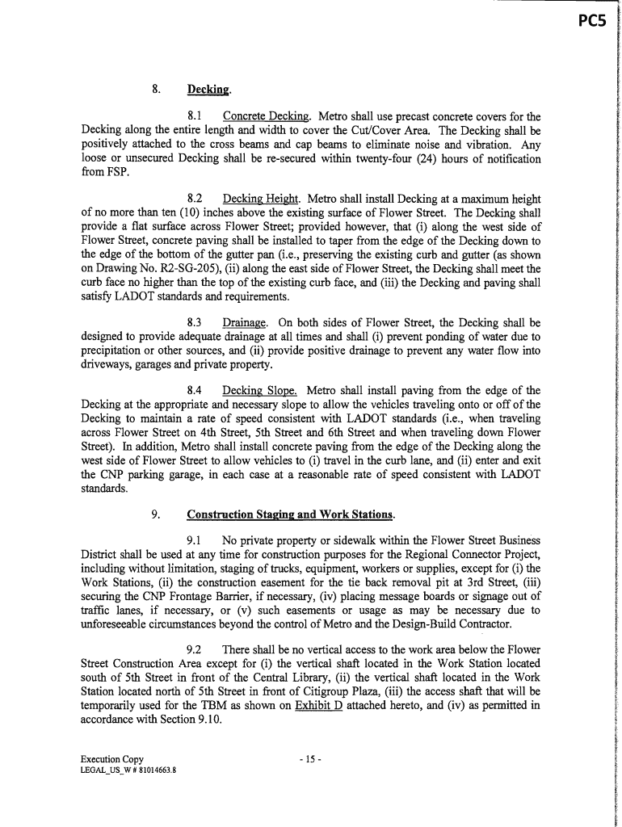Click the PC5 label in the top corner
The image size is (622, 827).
(591, 22)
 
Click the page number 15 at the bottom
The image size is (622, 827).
(310, 759)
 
